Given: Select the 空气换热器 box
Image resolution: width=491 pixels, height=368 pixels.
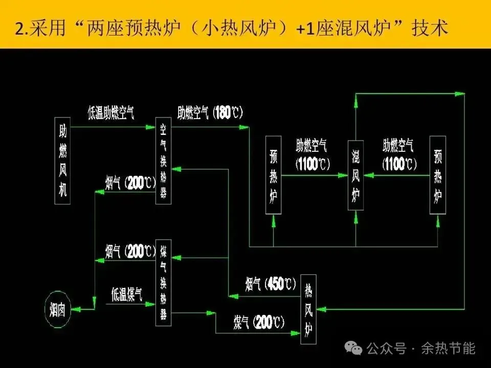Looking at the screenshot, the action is click(164, 161).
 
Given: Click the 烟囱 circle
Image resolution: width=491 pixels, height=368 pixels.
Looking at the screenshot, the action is click(57, 309).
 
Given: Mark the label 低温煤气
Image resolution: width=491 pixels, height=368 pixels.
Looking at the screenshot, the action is click(127, 294).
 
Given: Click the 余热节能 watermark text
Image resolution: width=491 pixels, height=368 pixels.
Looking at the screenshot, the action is click(448, 349).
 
